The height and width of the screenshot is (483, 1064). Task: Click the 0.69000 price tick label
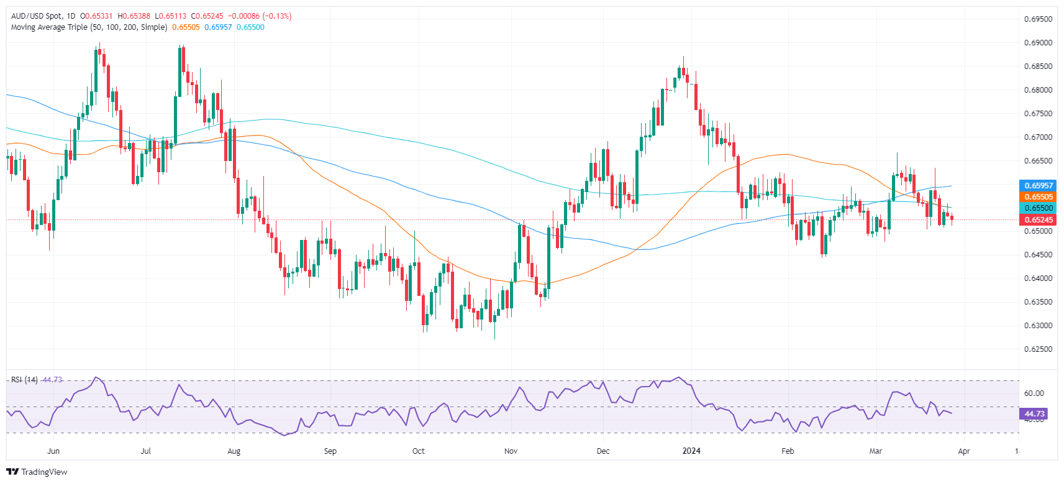pyautogui.click(x=1038, y=43)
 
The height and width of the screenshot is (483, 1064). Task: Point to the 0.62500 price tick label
pyautogui.click(x=1038, y=349)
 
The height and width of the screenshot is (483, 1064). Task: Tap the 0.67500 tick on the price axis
pyautogui.click(x=1038, y=114)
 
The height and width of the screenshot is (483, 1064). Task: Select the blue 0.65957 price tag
pyautogui.click(x=1038, y=185)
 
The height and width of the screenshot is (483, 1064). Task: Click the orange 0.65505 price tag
pyautogui.click(x=1038, y=197)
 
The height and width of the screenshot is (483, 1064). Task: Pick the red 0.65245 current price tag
pyautogui.click(x=1038, y=219)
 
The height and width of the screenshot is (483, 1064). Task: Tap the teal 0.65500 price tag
pyautogui.click(x=1038, y=208)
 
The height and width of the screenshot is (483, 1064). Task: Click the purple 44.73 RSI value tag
pyautogui.click(x=1034, y=413)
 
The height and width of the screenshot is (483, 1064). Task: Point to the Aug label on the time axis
pyautogui.click(x=234, y=451)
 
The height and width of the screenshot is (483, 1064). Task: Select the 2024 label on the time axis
pyautogui.click(x=691, y=451)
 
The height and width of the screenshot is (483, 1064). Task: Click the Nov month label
pyautogui.click(x=511, y=451)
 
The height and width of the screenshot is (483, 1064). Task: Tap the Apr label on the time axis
pyautogui.click(x=964, y=451)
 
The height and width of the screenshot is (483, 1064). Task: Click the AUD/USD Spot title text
pyautogui.click(x=37, y=16)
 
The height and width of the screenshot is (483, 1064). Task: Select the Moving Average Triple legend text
pyautogui.click(x=89, y=27)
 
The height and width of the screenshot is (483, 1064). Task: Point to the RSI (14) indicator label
pyautogui.click(x=24, y=380)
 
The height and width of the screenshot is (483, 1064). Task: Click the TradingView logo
pyautogui.click(x=37, y=472)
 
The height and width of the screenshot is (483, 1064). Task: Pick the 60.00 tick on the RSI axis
pyautogui.click(x=1034, y=393)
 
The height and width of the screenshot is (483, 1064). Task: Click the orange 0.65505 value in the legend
pyautogui.click(x=186, y=27)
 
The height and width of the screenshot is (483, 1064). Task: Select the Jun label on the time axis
pyautogui.click(x=53, y=451)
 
